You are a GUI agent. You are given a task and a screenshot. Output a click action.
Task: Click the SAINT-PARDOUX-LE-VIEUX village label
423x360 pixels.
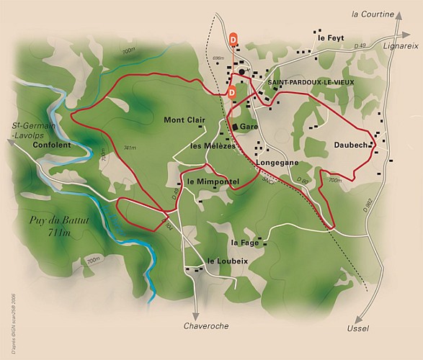311,83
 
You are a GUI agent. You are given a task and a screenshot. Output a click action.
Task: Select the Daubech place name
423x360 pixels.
352,145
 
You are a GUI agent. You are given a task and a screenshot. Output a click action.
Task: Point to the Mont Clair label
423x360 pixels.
184,120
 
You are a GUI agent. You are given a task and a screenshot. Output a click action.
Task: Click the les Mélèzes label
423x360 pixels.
212,145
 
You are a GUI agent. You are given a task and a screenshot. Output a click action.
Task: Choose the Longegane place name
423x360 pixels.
277,163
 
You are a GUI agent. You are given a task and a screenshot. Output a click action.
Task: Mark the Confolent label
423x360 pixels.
52,145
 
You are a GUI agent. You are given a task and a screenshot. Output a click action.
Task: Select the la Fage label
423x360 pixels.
245,243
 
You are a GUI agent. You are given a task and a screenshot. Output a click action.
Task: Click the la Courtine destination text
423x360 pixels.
373,14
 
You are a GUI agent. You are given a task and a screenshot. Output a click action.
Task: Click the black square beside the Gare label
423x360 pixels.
235,127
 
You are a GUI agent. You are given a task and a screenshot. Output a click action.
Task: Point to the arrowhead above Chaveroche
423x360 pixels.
196,314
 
